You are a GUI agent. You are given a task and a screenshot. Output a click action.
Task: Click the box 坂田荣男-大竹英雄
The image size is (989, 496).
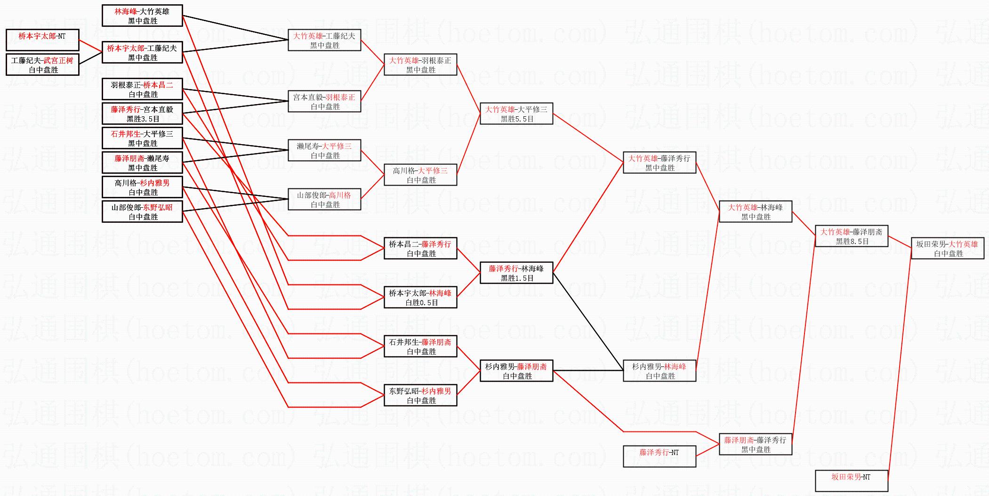point(947,248)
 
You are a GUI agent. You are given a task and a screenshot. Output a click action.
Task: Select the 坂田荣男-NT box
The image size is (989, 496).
point(851,480)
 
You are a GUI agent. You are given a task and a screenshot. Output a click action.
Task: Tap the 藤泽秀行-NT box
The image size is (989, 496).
point(659,456)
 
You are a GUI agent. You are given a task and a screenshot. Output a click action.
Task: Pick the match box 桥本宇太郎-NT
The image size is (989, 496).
point(42,40)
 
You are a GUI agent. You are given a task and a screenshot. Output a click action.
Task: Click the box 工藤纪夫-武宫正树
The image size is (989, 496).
point(42,65)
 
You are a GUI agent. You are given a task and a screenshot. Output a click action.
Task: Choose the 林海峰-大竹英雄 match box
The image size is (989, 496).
point(142,16)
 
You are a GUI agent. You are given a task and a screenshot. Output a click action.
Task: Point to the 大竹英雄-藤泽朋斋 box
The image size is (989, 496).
point(851,236)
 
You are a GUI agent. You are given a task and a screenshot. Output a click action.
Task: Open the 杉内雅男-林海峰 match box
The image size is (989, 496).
point(659,371)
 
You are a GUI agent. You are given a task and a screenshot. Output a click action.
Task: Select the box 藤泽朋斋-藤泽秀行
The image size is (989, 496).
point(755,444)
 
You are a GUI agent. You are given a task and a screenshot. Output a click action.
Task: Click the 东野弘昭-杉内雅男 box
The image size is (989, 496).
point(420,395)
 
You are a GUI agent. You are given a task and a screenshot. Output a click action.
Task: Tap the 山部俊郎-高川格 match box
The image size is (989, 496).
point(324,199)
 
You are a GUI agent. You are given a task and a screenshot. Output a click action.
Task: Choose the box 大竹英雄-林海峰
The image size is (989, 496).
point(755,211)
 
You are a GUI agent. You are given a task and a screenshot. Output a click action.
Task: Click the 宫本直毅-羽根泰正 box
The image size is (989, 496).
point(324,101)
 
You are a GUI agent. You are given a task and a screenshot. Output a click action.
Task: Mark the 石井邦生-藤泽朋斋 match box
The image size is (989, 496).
point(420,346)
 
